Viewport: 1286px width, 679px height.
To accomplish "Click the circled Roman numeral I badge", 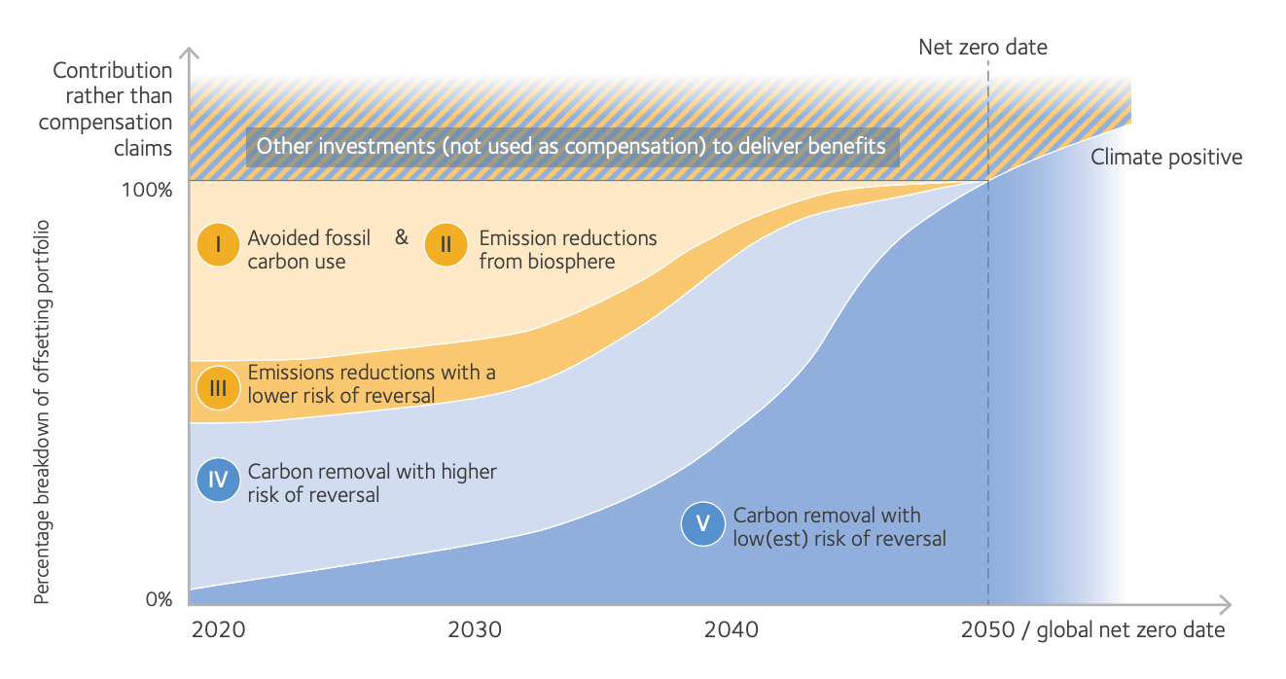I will pos(218,245).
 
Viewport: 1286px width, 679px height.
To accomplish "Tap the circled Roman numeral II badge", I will pos(446,245).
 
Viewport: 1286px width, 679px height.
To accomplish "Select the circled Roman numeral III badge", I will pos(218,388).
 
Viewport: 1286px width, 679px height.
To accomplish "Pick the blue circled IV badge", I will pos(218,480).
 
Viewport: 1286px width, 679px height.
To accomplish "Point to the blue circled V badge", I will pos(703,525).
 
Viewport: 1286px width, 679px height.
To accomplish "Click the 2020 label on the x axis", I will pos(219,629).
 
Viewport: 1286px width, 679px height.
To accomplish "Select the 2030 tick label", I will pos(475,629).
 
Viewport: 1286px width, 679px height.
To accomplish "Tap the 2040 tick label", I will pos(732,629).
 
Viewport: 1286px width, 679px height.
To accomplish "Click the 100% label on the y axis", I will pos(146,189).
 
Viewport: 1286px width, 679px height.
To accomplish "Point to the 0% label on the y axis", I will pos(159,599).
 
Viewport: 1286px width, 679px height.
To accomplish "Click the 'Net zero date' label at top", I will pos(982,47).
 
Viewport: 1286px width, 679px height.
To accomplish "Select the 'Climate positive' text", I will pos(1166,157).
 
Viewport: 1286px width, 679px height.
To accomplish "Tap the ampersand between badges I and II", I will pos(402,236).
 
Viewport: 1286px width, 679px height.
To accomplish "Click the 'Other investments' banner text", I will pos(571,147).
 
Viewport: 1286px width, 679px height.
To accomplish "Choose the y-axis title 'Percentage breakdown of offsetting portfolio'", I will pos(42,411).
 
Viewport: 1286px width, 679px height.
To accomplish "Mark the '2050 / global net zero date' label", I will pos(1092,629).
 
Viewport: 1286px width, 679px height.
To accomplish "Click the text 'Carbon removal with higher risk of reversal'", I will pos(372,482).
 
